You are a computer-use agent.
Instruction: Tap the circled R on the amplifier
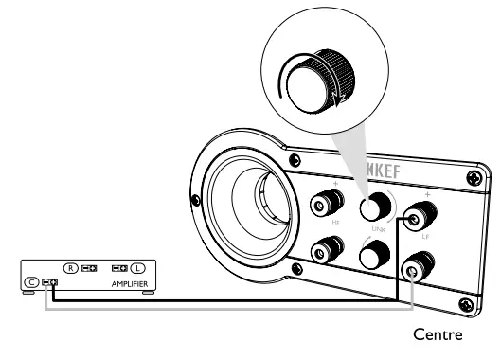pyautogui.click(x=71, y=269)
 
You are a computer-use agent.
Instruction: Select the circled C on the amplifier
pyautogui.click(x=31, y=281)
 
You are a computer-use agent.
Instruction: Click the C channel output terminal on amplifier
pyautogui.click(x=50, y=281)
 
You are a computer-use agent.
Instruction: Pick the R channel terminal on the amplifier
pyautogui.click(x=90, y=269)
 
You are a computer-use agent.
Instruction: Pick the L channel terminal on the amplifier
pyautogui.click(x=118, y=269)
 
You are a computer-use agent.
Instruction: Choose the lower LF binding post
pyautogui.click(x=413, y=270)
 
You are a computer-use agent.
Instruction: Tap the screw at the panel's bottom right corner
pyautogui.click(x=464, y=304)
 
